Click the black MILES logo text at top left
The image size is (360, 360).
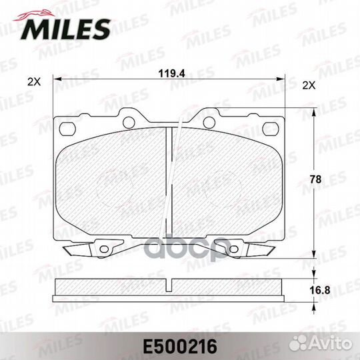tap(65, 29)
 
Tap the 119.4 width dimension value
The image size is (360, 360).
tap(171, 74)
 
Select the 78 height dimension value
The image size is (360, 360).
tap(315, 179)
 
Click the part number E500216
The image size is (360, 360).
tap(180, 347)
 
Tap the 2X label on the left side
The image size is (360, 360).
tap(34, 82)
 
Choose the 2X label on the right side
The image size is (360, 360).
tap(309, 85)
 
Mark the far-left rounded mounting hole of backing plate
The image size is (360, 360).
tap(67, 129)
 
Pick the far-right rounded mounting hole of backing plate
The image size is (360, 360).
tap(271, 129)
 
